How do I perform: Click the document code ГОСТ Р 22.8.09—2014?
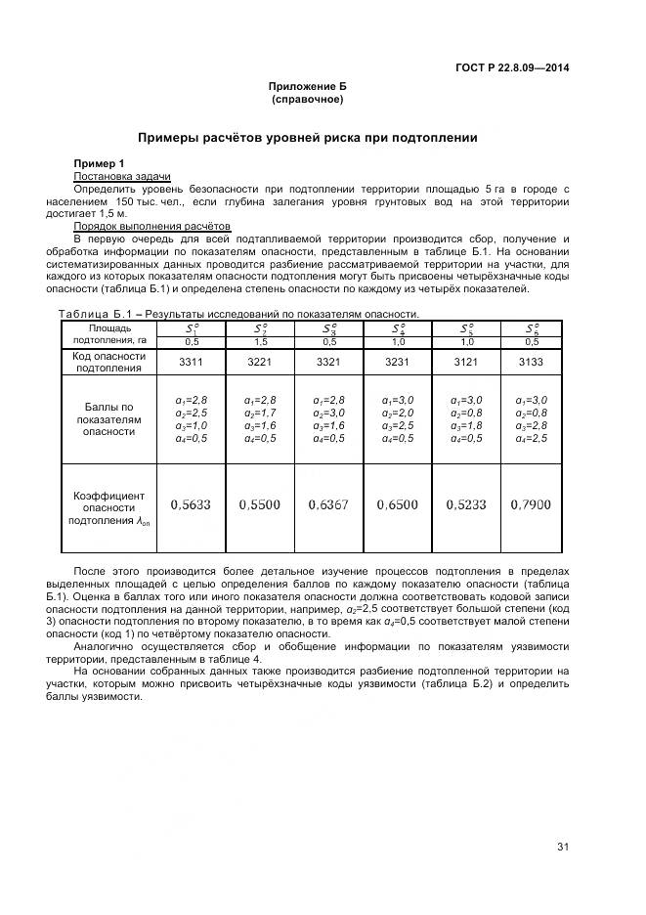tap(512, 67)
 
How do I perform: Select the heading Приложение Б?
tap(307, 87)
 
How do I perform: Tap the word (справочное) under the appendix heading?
tap(307, 99)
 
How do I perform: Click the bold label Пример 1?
tap(100, 162)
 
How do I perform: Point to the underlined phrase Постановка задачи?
tap(108, 175)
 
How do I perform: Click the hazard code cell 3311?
tap(191, 362)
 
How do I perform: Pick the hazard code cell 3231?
tap(397, 362)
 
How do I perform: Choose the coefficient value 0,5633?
tap(191, 504)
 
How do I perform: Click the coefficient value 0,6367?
tap(328, 504)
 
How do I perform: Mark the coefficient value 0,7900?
tap(531, 504)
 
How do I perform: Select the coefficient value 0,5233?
tap(465, 504)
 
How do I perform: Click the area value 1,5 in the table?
tap(261, 341)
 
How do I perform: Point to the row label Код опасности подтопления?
tap(109, 362)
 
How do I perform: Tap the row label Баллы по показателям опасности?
tap(109, 418)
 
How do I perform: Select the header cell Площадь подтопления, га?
tap(109, 334)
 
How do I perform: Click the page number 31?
tap(562, 847)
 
